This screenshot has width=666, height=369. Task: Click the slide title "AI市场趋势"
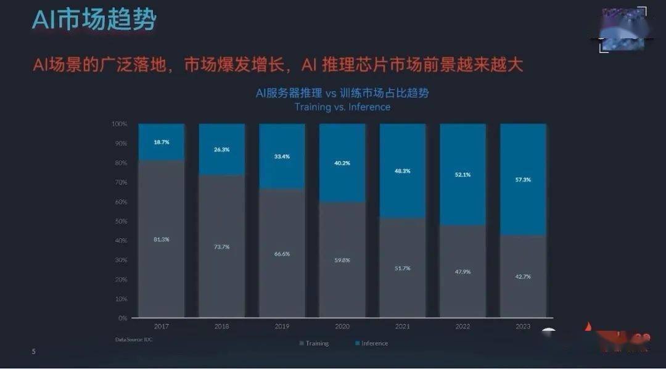coord(94,20)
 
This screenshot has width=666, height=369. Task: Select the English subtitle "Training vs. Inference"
coord(342,107)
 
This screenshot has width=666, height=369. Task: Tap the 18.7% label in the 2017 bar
coord(162,142)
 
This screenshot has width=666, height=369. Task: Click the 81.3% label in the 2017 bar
coord(162,239)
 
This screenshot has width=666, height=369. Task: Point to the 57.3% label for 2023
coord(523,180)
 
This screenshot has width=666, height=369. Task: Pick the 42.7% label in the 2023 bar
coord(523,276)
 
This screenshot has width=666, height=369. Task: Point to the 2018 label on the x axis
coord(221,325)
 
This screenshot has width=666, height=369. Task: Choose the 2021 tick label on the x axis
coord(402,325)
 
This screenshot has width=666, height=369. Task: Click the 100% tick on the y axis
coord(119,124)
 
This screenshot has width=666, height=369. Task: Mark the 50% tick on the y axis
coord(120,221)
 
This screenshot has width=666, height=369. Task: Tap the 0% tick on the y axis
coord(122,318)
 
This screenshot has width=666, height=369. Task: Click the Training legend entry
coord(314,343)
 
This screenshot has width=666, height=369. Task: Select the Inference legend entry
coord(372,343)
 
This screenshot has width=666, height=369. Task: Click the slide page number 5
coord(34,352)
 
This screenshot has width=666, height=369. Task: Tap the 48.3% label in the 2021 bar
coord(402,170)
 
